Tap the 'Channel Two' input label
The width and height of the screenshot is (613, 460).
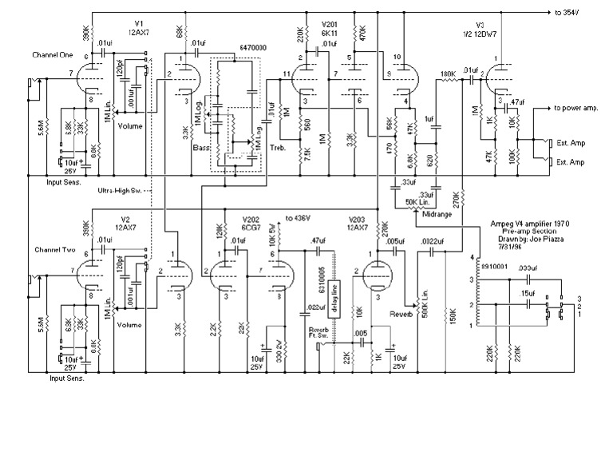point(53,250)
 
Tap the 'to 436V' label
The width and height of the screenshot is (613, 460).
point(300,217)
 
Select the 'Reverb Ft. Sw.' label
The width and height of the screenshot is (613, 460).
point(312,333)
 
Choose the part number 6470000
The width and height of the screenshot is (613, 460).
point(251,49)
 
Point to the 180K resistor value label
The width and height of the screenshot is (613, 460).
point(448,78)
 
